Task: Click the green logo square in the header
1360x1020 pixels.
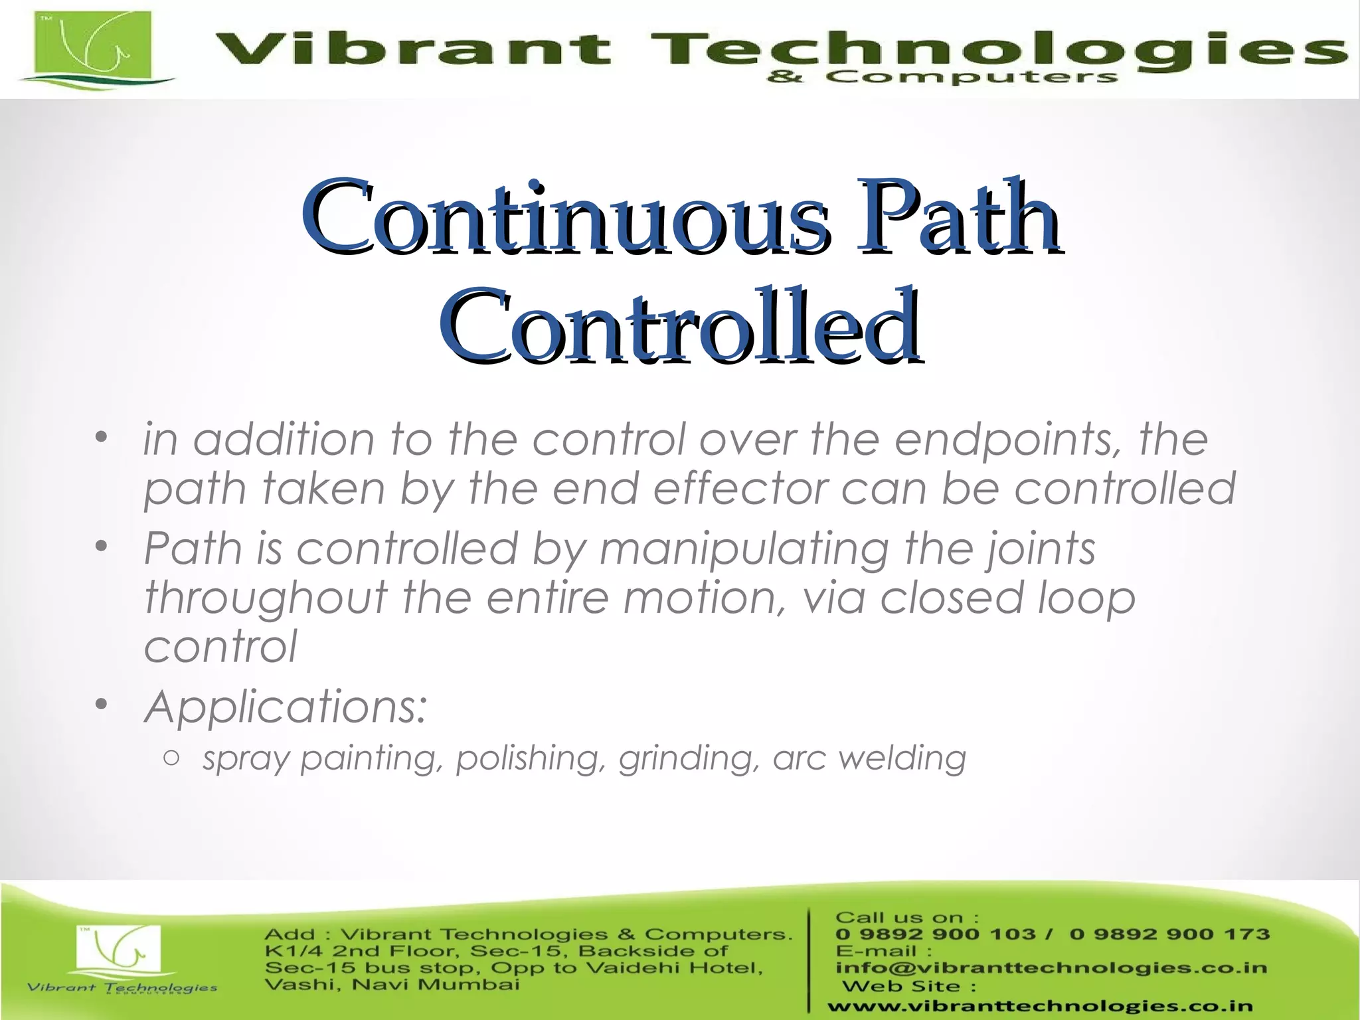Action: (94, 46)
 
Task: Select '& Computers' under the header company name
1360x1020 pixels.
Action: (942, 78)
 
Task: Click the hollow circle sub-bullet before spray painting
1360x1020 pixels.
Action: (171, 758)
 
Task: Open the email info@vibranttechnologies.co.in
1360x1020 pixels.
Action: (1051, 968)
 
